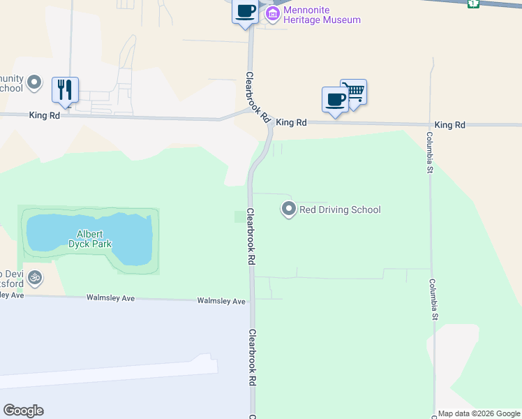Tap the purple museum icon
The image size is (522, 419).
coord(273,13)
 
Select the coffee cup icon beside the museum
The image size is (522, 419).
coord(245,12)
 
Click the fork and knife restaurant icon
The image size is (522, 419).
coord(65,89)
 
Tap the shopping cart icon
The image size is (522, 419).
coord(354,91)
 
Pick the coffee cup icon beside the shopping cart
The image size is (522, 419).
coord(335,99)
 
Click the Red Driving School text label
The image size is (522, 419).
coord(340,209)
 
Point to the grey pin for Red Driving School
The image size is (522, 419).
coord(288,209)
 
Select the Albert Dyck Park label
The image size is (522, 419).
coord(90,239)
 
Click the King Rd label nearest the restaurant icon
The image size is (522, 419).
coord(44,116)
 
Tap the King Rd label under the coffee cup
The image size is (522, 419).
coord(291,122)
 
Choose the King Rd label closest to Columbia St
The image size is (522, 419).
coord(449,125)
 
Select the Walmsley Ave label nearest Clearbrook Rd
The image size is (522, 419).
coord(221,301)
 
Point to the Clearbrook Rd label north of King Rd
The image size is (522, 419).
coord(257,98)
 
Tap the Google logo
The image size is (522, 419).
coord(23,411)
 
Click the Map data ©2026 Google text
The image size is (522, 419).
coord(479,413)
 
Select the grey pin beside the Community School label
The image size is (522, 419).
coord(33,84)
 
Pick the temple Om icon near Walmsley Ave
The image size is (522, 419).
coord(34,278)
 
